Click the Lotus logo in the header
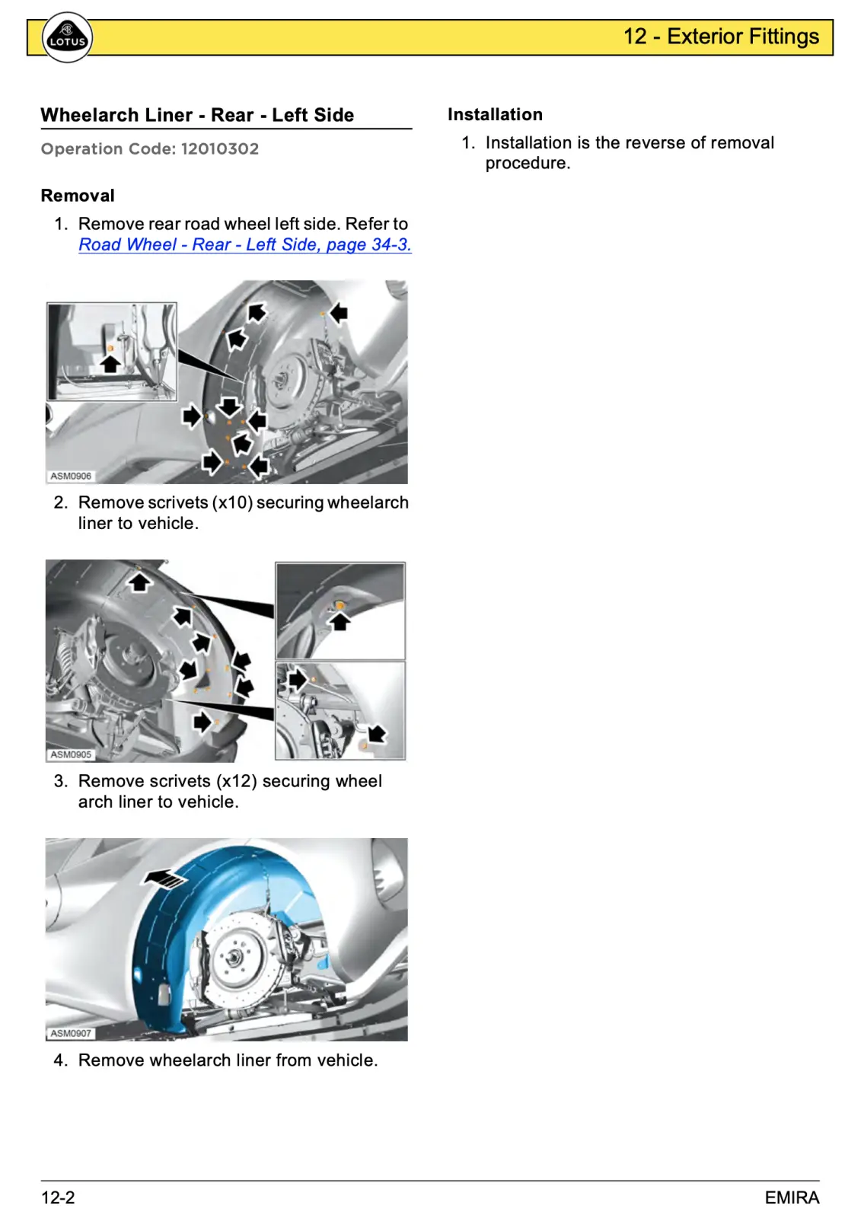click(68, 37)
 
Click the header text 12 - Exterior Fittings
click(720, 37)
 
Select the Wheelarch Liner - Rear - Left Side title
click(197, 115)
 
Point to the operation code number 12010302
click(220, 148)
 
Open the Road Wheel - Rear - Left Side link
click(244, 244)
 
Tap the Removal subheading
click(78, 195)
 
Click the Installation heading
click(495, 114)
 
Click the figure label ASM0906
click(71, 476)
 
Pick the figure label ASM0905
click(71, 754)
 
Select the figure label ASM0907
click(71, 1033)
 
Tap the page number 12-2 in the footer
click(58, 1197)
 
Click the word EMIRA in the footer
click(792, 1197)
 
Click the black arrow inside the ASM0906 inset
click(110, 363)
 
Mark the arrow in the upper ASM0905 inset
click(340, 621)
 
